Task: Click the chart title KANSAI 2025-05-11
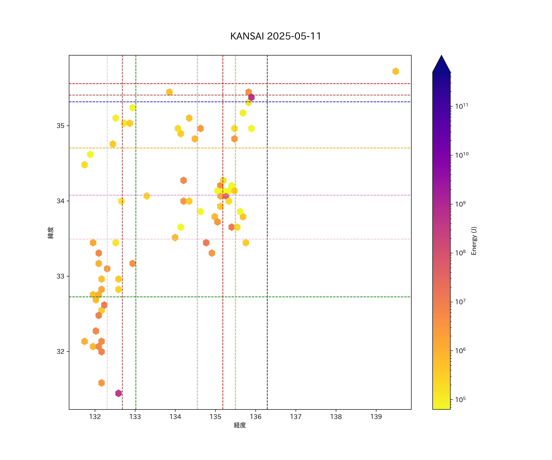(276, 36)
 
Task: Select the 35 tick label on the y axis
(60, 126)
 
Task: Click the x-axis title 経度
(240, 425)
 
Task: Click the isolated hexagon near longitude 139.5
(396, 71)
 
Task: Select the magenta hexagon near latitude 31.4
(118, 393)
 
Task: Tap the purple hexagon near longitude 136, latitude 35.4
(251, 97)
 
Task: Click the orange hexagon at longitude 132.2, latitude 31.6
(102, 383)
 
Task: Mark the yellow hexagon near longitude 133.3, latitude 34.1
(147, 196)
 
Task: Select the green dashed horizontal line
(315, 297)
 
